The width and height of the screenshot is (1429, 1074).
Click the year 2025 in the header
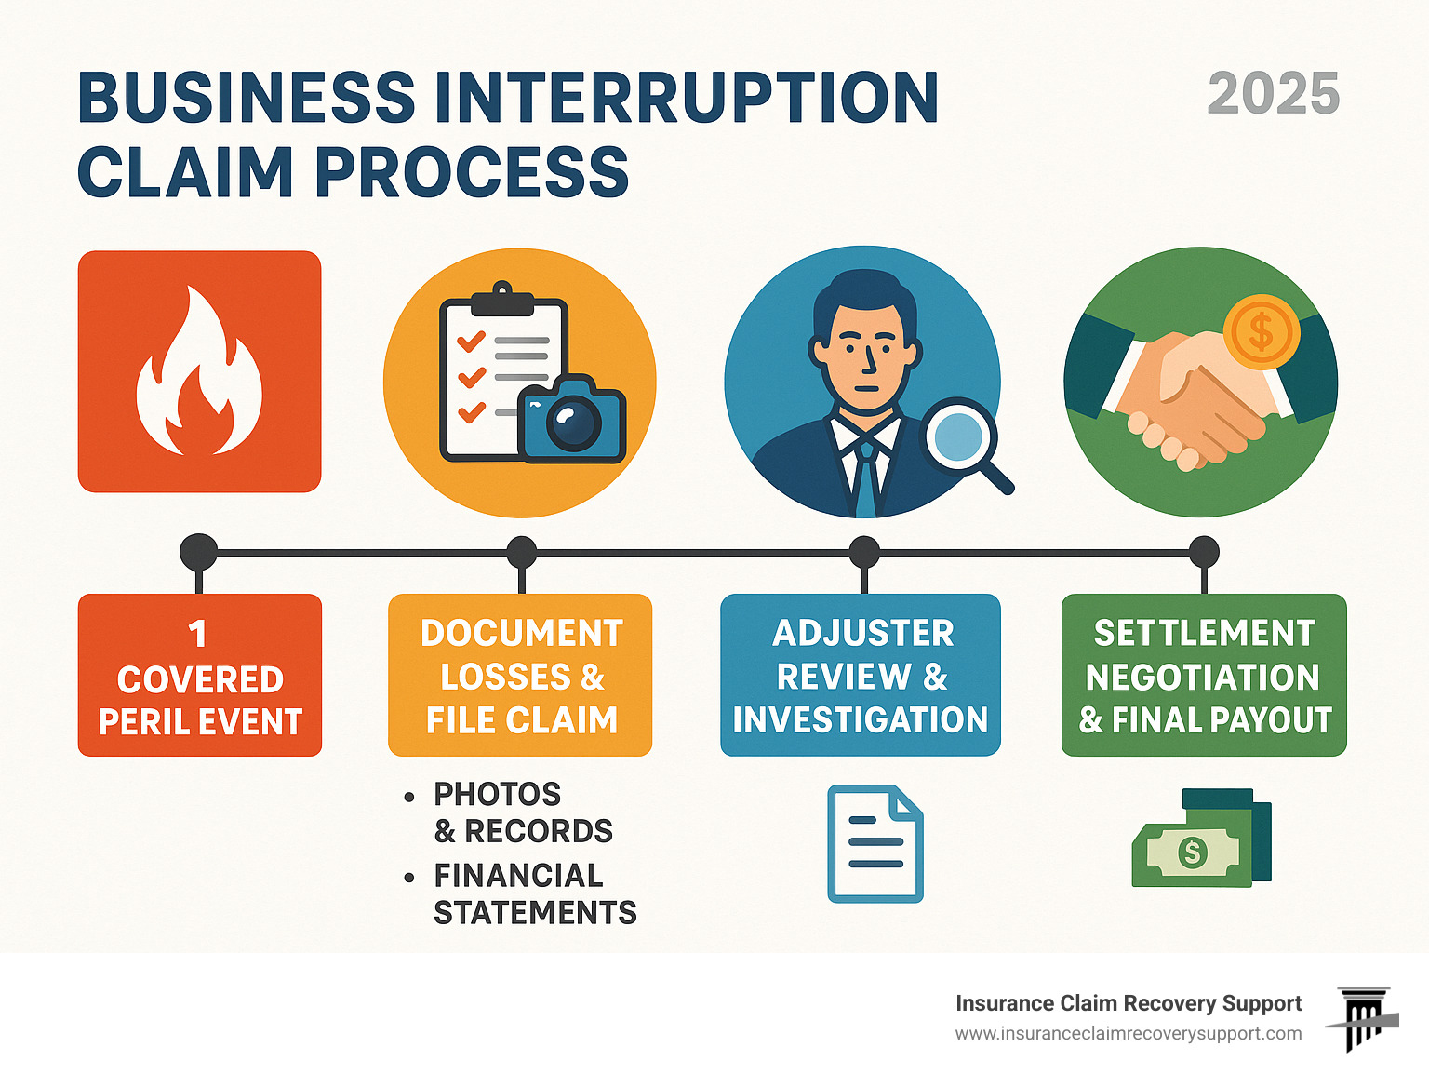1273,94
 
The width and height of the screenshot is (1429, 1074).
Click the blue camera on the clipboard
572,421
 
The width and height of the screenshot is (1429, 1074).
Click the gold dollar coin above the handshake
1261,331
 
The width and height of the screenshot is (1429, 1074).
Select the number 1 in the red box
197,634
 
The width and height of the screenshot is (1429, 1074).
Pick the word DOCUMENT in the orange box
521,634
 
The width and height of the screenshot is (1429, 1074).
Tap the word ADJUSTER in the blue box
862,634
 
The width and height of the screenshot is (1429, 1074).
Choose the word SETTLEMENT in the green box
1204,634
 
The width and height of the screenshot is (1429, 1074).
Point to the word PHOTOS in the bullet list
498,795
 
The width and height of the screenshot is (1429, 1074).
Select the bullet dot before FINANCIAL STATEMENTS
409,878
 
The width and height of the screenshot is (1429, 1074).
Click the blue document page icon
875,843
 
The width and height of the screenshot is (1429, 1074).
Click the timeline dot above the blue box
864,553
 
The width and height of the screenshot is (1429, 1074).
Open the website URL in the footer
1128,1034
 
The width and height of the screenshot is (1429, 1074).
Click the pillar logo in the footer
1364,1018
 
